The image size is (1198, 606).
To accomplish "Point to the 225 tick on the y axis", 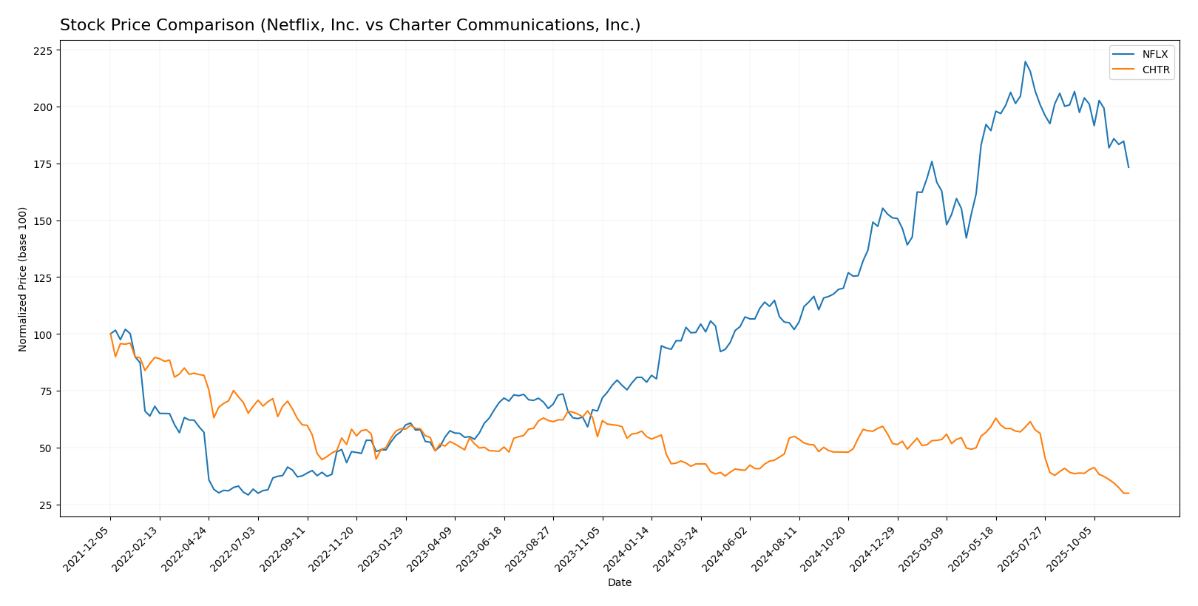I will (43, 50).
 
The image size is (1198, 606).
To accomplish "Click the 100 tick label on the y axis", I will (43, 334).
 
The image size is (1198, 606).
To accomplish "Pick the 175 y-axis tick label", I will (43, 164).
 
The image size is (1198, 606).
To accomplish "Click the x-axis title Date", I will (619, 583).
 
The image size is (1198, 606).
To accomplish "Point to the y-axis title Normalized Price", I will (23, 279).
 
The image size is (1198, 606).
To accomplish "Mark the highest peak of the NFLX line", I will (1025, 61).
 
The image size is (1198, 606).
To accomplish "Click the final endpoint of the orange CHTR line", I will (1128, 493).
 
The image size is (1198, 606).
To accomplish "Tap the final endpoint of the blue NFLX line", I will (1128, 167).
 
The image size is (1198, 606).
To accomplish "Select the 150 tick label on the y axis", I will (43, 221).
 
